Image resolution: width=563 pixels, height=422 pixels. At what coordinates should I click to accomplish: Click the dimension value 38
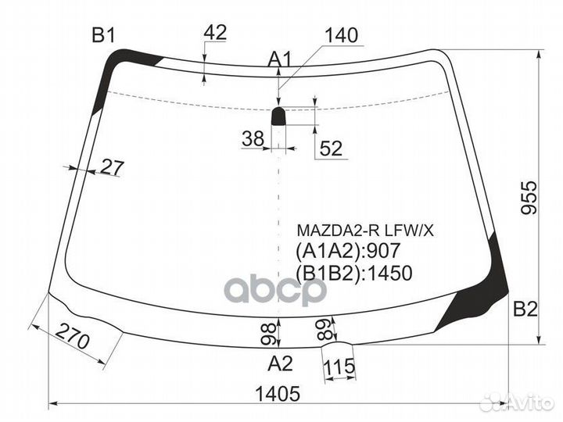[252, 139]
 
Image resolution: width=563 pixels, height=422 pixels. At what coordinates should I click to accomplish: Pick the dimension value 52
[332, 148]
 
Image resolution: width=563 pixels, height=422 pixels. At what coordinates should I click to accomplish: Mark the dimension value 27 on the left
[112, 166]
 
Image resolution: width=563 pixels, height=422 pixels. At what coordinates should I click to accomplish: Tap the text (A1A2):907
[347, 251]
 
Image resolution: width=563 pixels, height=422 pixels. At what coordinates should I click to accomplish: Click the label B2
[525, 309]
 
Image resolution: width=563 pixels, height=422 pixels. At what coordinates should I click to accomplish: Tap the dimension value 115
[339, 367]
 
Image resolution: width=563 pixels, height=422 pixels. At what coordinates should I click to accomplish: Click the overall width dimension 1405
[278, 395]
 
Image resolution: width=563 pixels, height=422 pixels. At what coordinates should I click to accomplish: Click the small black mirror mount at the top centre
[279, 117]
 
